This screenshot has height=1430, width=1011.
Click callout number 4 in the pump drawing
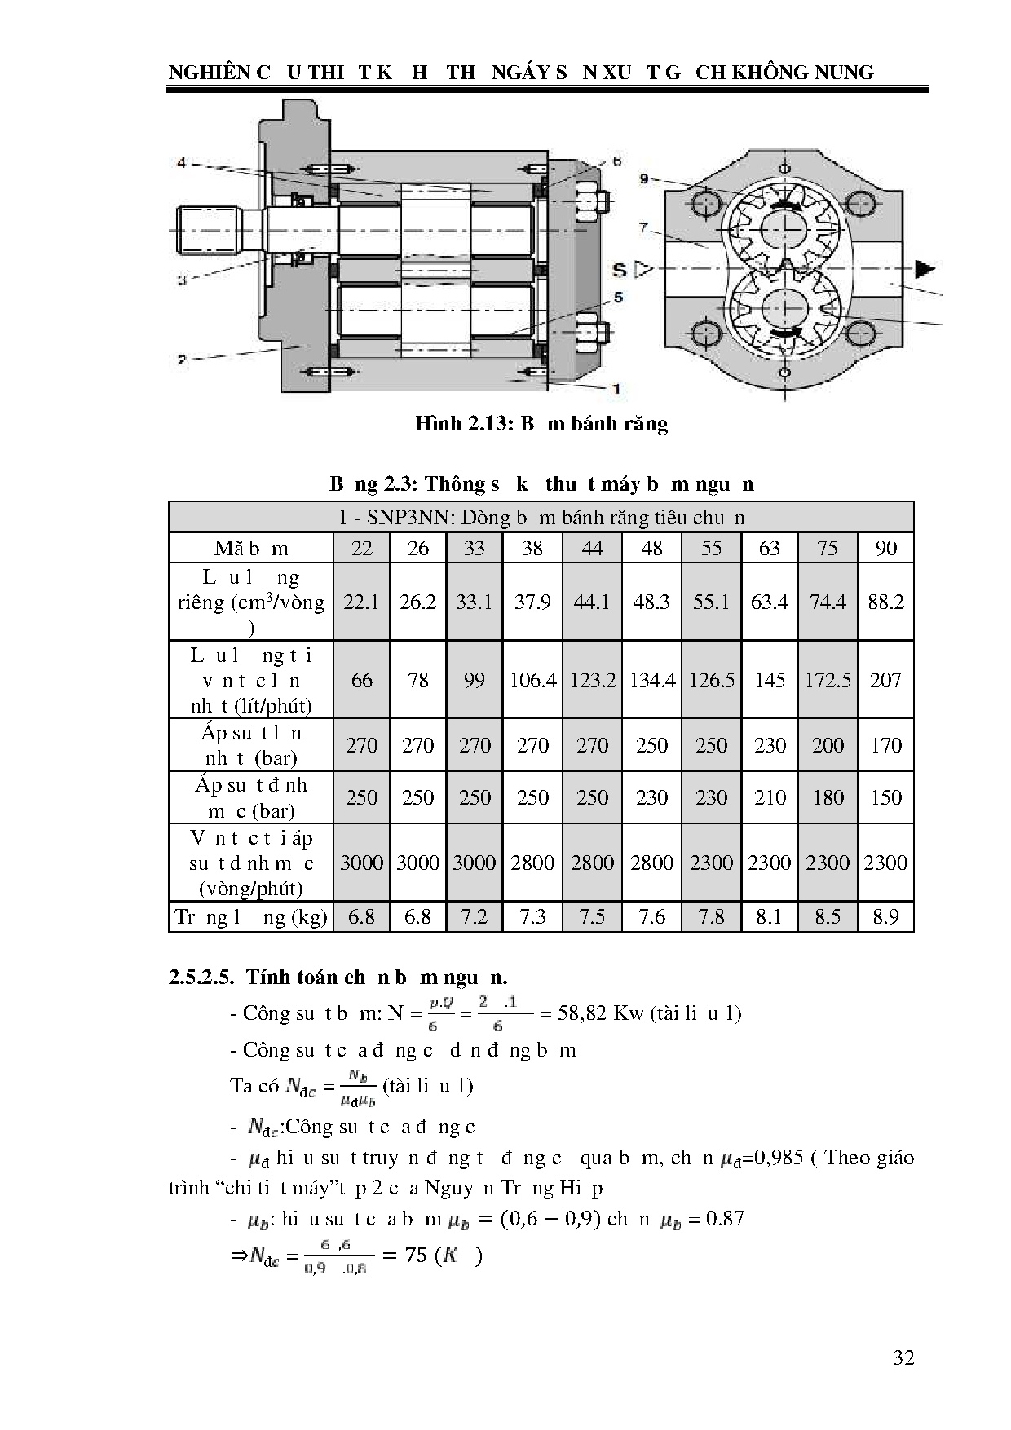182,163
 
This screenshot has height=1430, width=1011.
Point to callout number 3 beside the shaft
182,280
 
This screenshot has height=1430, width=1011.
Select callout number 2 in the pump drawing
182,360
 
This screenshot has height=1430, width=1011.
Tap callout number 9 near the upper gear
644,178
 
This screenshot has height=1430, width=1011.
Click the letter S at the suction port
620,270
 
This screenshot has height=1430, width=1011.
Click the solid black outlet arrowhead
923,268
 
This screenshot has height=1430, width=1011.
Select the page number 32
903,1357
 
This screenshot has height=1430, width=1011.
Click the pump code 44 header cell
592,548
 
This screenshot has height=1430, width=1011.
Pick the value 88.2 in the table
885,602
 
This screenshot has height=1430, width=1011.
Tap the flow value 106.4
532,680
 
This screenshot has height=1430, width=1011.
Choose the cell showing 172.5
828,680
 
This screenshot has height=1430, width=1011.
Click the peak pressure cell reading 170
885,745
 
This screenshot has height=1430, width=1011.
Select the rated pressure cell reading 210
770,797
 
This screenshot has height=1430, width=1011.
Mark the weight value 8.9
885,917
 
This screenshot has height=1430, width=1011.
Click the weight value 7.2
474,917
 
